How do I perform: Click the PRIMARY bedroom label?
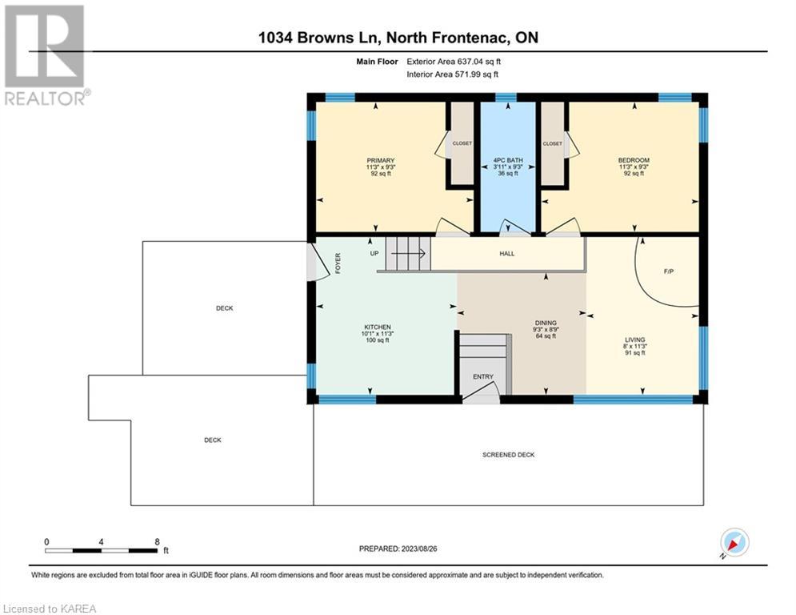(x=380, y=161)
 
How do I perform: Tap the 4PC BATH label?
(x=508, y=160)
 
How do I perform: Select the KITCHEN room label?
(x=377, y=328)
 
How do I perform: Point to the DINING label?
(x=546, y=323)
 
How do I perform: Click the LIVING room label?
(x=634, y=340)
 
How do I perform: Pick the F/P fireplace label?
(x=669, y=271)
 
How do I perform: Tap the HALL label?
(x=506, y=254)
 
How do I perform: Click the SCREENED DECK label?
(x=508, y=455)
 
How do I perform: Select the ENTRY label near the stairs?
(x=482, y=376)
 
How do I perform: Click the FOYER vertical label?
(x=338, y=263)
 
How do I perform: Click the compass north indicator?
(x=734, y=544)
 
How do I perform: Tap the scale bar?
(x=101, y=550)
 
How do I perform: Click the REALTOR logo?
(x=46, y=55)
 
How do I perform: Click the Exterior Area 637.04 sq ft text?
(x=454, y=62)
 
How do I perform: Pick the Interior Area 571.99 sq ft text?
(x=452, y=74)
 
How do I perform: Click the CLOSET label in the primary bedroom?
(x=462, y=143)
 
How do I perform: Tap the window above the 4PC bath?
(x=506, y=98)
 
